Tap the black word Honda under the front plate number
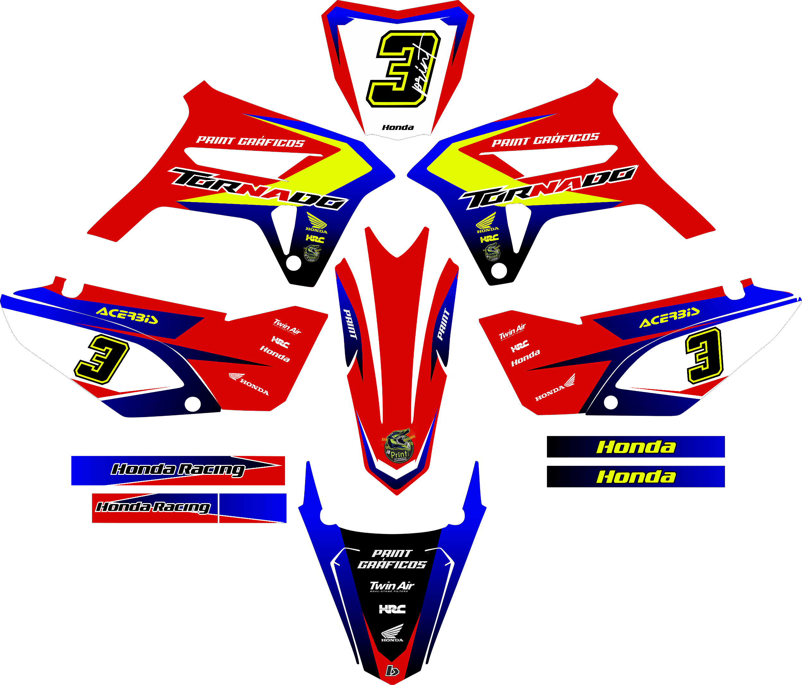coord(398,127)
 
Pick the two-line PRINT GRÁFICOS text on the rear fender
coord(392,559)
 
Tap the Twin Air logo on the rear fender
coord(392,586)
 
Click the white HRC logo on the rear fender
coord(392,609)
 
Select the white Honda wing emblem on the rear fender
coord(392,633)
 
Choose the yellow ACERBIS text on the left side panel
coord(127,315)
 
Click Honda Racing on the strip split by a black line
coord(153,507)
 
